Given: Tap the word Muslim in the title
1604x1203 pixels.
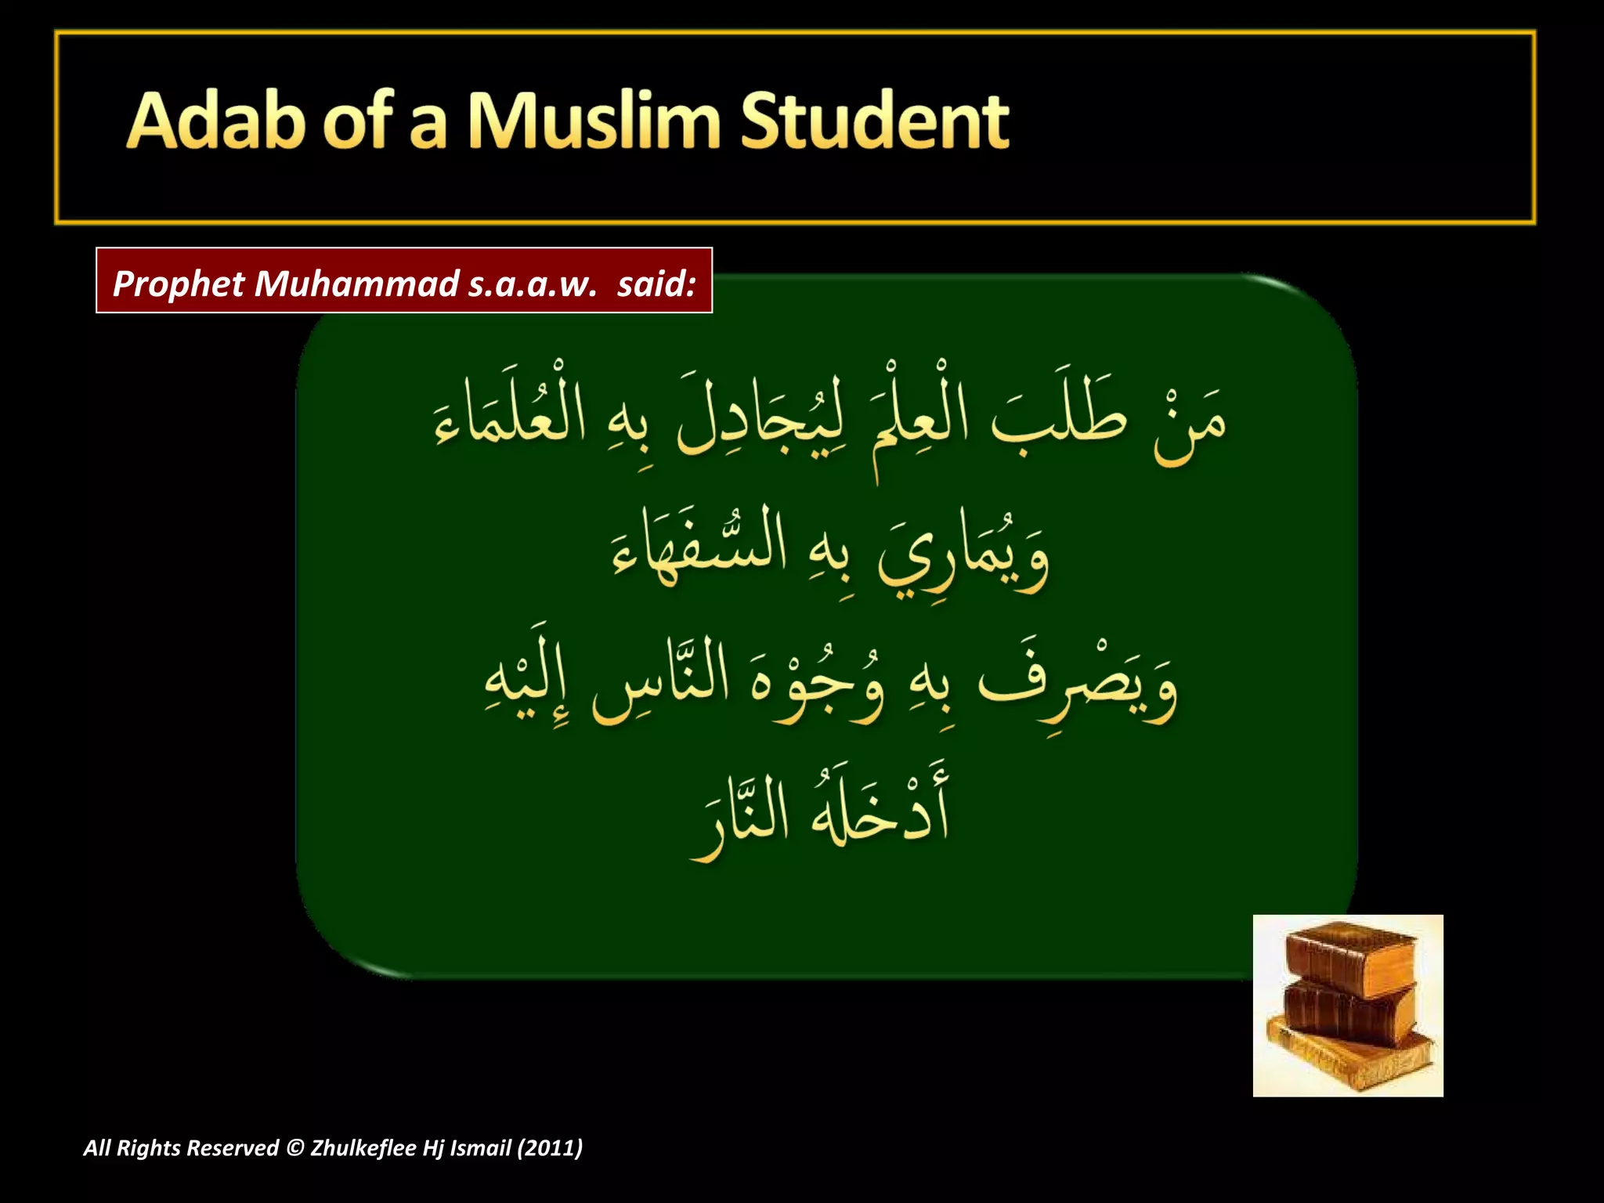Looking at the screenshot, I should coord(594,121).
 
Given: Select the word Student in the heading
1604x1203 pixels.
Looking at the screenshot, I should coord(874,121).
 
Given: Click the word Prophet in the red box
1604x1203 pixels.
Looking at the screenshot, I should coord(179,284).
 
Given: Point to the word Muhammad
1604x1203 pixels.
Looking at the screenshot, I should coord(356,284).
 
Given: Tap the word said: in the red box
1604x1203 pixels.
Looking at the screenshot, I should coord(656,284).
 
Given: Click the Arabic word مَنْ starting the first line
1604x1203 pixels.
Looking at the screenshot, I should coord(1189,427).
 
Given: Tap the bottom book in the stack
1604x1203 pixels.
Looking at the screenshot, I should coord(1351,1057).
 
